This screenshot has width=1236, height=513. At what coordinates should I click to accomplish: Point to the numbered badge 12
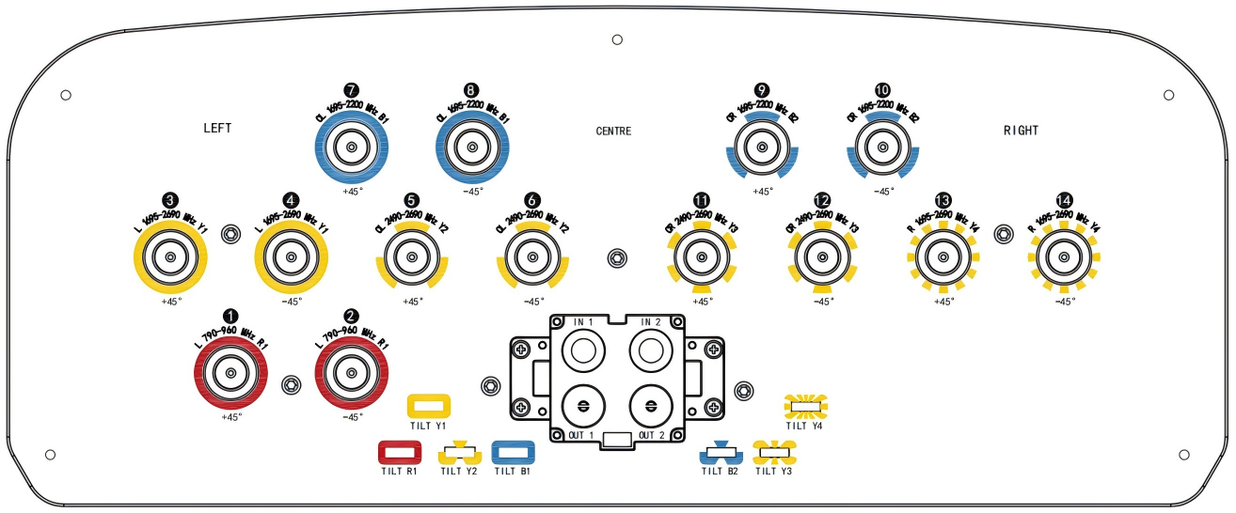coord(822,200)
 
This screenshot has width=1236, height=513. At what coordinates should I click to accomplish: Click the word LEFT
coord(217,128)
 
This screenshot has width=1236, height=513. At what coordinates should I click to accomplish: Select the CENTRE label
coord(613,131)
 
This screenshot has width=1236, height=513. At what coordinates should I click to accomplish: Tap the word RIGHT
coord(1021,131)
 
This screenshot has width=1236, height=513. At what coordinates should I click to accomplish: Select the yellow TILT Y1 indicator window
coord(428,406)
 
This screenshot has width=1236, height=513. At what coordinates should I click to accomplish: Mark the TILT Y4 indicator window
coord(805,407)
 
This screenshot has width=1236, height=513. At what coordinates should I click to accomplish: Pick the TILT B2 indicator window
coord(721,455)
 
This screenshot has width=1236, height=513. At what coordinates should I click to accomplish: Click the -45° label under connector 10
coord(882,191)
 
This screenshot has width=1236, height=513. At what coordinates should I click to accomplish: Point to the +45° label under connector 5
coord(412,302)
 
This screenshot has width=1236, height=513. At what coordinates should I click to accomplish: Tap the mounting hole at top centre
coord(617,39)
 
